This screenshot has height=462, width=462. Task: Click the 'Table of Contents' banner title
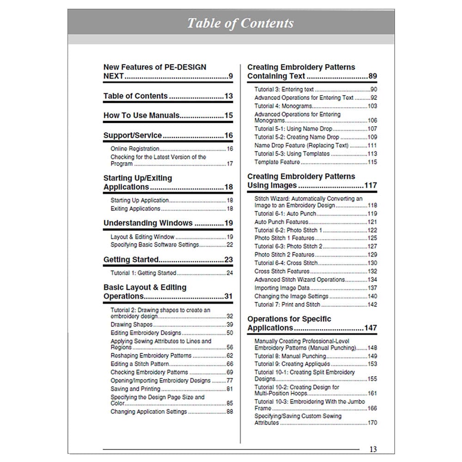click(x=240, y=23)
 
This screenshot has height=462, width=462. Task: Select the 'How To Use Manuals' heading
click(x=141, y=115)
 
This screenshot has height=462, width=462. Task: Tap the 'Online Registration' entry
click(x=135, y=149)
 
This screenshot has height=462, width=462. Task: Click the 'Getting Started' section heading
click(x=131, y=260)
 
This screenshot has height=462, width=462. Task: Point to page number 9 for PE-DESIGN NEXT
click(x=231, y=76)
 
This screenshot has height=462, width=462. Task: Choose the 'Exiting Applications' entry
click(x=135, y=209)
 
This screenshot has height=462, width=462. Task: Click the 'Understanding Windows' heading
click(x=148, y=223)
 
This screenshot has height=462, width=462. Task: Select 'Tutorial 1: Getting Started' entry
click(x=143, y=273)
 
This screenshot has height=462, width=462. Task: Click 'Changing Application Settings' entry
click(x=149, y=412)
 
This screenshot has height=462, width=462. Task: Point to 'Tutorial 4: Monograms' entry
click(x=283, y=106)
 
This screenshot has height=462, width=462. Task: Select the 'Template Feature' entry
click(x=277, y=162)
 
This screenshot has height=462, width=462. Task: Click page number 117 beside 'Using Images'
click(x=371, y=186)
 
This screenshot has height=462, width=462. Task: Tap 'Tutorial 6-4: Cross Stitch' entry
click(x=286, y=263)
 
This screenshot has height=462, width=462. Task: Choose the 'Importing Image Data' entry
click(x=282, y=288)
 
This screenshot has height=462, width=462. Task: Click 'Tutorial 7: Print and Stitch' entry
click(x=287, y=304)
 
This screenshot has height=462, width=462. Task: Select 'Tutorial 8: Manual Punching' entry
click(x=290, y=356)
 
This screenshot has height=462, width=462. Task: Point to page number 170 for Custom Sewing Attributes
click(x=372, y=423)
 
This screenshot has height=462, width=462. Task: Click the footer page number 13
click(x=373, y=449)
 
